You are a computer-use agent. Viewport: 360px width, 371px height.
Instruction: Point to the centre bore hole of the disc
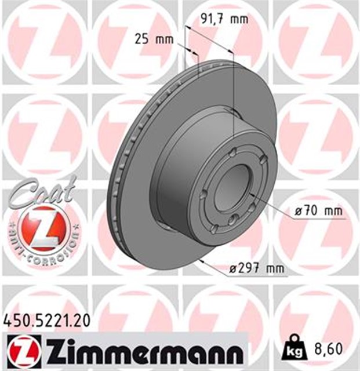238,185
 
